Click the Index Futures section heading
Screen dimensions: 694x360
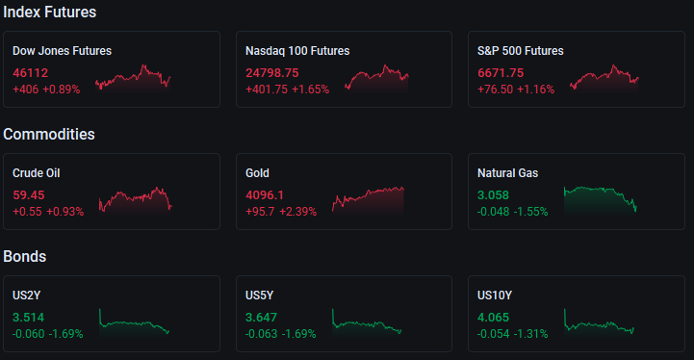[50, 13]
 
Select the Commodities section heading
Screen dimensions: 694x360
[49, 134]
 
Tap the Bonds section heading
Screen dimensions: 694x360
[25, 256]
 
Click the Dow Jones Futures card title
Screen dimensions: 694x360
[62, 51]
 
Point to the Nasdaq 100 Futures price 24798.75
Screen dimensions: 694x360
[272, 72]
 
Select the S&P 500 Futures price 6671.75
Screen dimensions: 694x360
[501, 72]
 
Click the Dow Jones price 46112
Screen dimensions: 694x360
[30, 72]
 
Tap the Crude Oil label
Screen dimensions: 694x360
[37, 173]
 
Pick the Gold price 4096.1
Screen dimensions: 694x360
[265, 194]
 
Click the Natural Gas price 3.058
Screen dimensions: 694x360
[493, 194]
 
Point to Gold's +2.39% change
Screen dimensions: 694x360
[297, 212]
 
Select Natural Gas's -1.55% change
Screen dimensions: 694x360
[530, 212]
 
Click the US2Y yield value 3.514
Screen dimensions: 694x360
[28, 317]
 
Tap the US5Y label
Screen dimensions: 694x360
[259, 296]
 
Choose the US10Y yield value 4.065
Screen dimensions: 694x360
[493, 317]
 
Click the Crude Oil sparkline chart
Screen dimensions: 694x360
[136, 200]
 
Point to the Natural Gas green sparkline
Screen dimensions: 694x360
[601, 199]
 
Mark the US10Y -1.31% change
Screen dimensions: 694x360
[530, 334]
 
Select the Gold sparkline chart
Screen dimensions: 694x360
[368, 199]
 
